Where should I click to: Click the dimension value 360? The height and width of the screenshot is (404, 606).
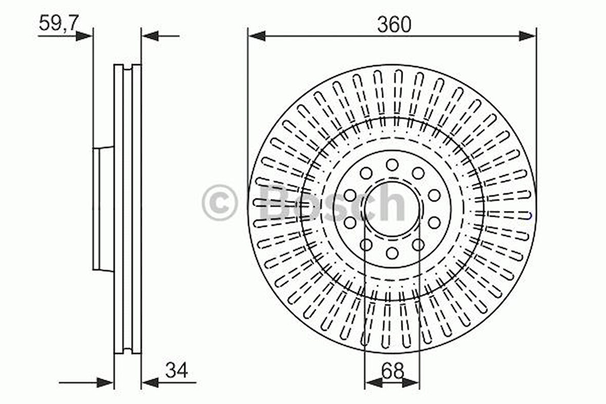tap(394, 24)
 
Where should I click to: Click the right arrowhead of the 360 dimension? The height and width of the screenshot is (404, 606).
tap(528, 36)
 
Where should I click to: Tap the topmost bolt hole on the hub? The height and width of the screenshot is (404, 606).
tap(392, 165)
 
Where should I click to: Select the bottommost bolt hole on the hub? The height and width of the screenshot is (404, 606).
tap(392, 253)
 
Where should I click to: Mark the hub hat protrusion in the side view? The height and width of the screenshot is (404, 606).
tap(103, 208)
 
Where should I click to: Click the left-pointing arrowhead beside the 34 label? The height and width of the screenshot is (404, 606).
tap(150, 382)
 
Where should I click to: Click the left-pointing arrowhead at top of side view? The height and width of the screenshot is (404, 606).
tap(149, 36)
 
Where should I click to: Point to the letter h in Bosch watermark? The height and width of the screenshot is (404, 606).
tap(392, 203)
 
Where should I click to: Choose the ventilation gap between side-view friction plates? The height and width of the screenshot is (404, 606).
tap(127, 208)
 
